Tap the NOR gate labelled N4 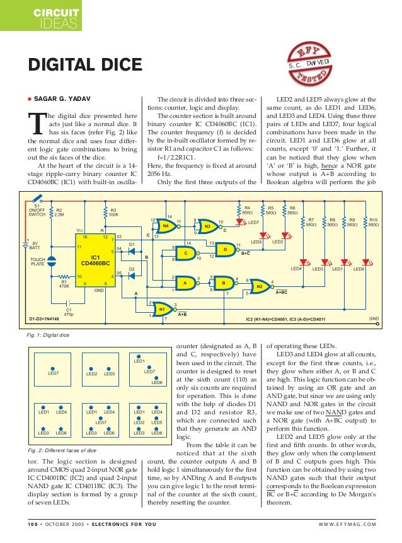166,224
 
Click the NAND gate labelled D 224,249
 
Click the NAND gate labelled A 185,283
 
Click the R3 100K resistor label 113,212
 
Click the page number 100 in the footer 32,524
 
